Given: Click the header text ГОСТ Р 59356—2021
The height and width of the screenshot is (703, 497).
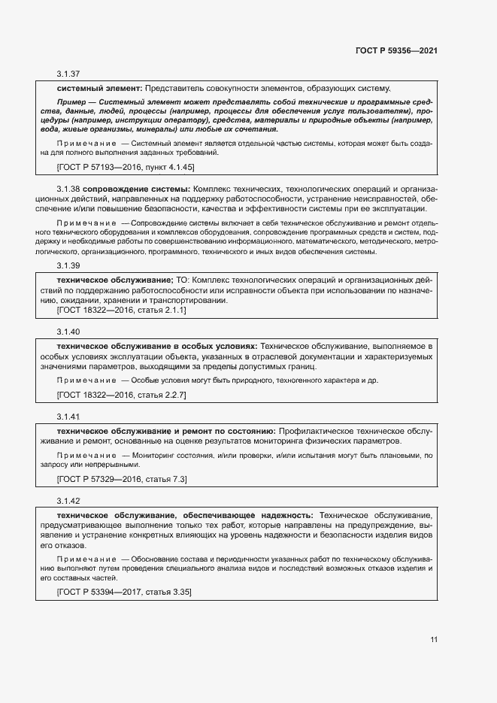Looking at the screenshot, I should tap(396, 50).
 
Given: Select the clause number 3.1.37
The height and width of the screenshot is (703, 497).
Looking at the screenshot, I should tap(68, 74).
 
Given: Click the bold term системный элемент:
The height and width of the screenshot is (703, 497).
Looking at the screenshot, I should tap(99, 88).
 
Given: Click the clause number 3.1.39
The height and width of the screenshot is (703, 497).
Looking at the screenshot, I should tap(68, 265).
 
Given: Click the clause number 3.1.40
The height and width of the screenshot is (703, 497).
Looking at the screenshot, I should tap(68, 331).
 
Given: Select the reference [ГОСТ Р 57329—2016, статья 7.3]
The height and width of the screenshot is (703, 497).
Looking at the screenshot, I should tap(121, 478).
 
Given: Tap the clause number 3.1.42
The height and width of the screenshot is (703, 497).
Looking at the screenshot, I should tap(68, 501).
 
